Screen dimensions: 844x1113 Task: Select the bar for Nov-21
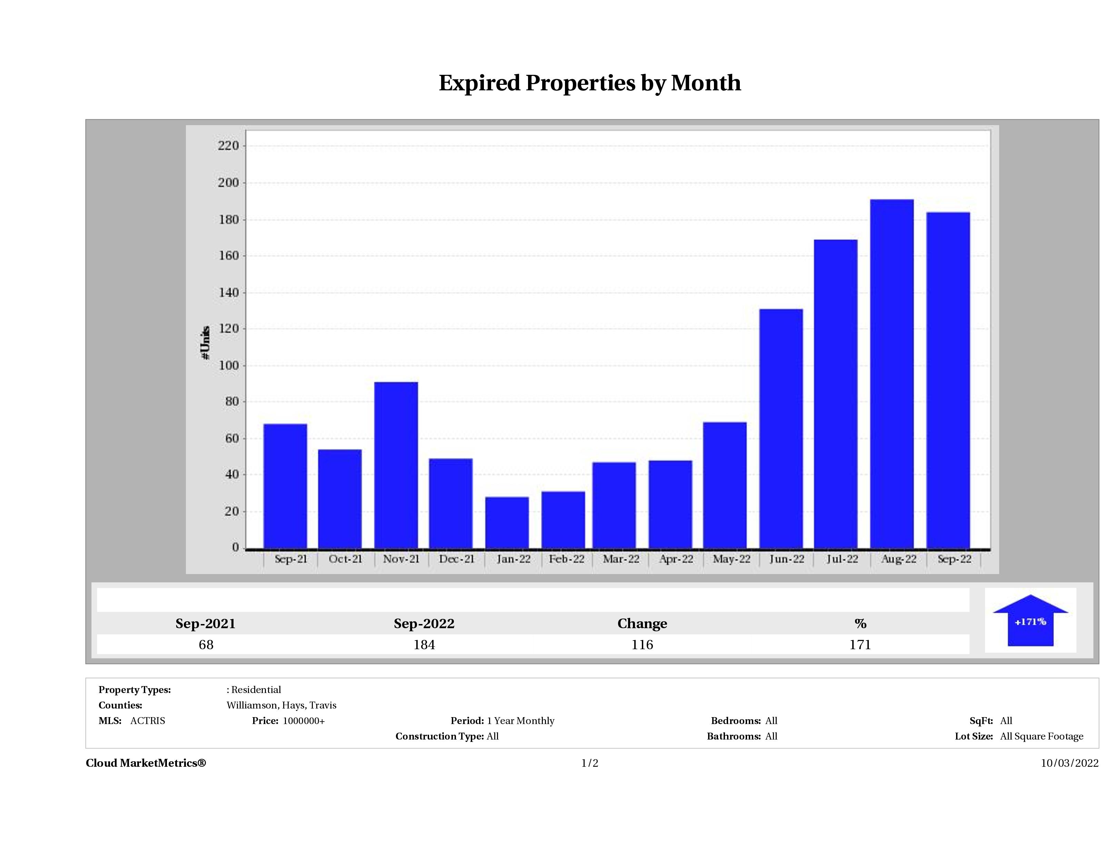coord(396,465)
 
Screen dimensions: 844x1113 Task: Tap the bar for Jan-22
coord(507,523)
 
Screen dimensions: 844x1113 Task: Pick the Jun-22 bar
coord(781,429)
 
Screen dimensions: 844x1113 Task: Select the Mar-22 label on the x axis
coord(621,559)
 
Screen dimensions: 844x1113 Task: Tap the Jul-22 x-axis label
coord(842,559)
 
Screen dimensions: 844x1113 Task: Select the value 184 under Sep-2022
coord(424,645)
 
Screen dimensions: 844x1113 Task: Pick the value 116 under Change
coord(642,645)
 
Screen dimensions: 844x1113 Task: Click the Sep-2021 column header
coord(205,624)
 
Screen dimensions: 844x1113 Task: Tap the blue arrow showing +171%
coord(1030,622)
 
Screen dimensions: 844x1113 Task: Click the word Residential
coord(256,690)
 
